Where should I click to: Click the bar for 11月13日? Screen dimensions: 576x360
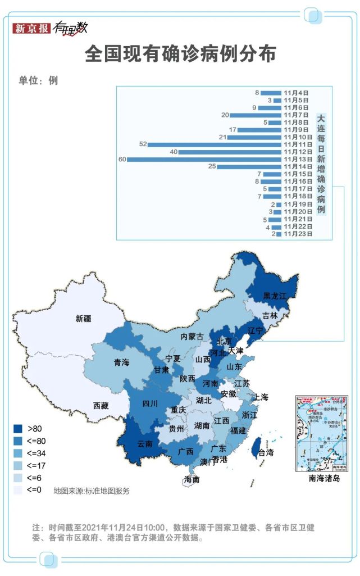(x=204, y=160)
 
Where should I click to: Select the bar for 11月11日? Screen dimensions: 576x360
(x=215, y=144)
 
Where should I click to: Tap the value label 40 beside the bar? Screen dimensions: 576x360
(x=174, y=152)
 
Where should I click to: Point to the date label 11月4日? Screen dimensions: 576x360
(x=296, y=93)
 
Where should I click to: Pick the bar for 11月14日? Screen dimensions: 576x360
(x=249, y=167)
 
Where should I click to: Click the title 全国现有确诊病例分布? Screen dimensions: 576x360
(x=180, y=55)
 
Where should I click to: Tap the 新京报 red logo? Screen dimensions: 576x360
(x=31, y=28)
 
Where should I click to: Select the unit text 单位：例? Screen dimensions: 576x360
(x=38, y=80)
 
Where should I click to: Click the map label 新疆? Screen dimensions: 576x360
(x=83, y=319)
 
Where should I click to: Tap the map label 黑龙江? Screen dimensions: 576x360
(x=275, y=296)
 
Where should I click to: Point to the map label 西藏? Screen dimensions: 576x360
(x=101, y=405)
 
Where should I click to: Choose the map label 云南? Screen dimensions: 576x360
(x=145, y=443)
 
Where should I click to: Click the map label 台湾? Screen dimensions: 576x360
(x=266, y=452)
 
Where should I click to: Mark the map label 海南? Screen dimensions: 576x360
(x=192, y=479)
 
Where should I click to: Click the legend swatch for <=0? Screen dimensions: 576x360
(x=19, y=490)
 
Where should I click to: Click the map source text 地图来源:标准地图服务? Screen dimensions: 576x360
(x=92, y=491)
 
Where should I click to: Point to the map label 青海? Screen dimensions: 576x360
(x=121, y=362)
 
